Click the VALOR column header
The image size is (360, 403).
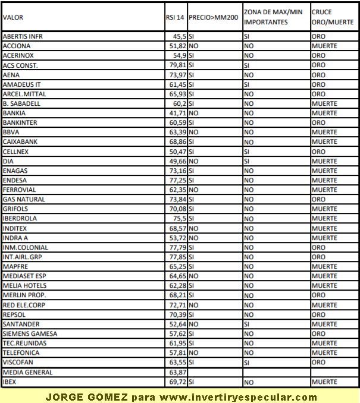click(x=13, y=18)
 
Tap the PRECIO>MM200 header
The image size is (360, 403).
click(x=213, y=18)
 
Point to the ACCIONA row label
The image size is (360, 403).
click(x=17, y=46)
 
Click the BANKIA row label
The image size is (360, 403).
click(x=14, y=113)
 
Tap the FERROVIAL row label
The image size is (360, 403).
click(x=19, y=190)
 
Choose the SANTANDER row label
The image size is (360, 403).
click(x=21, y=324)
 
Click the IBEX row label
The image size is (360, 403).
click(x=10, y=382)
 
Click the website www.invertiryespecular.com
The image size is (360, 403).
click(x=238, y=397)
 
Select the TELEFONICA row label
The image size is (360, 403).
click(x=22, y=352)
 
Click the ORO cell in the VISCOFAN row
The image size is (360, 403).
click(x=318, y=362)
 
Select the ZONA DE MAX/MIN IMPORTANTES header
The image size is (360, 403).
click(x=273, y=17)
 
